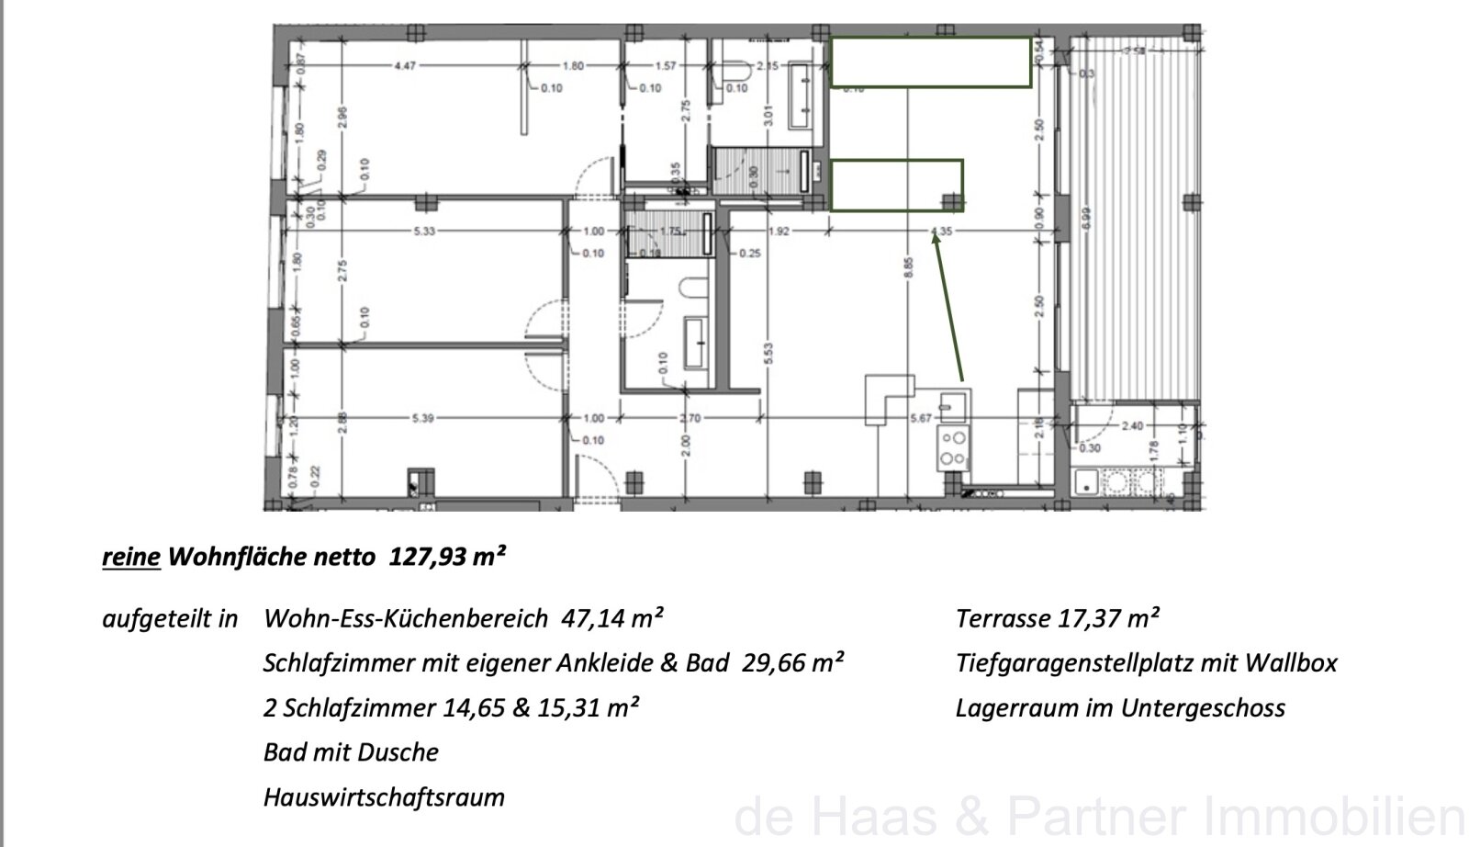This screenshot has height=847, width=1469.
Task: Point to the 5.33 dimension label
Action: click(x=423, y=232)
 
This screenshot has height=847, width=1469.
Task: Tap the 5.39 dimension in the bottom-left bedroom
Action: click(x=423, y=419)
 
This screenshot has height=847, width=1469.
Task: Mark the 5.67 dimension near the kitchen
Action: click(x=920, y=419)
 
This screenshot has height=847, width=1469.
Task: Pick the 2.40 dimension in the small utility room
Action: click(x=1134, y=426)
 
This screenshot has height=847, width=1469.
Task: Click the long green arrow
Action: click(x=949, y=306)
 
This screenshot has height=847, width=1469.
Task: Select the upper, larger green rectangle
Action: click(x=931, y=62)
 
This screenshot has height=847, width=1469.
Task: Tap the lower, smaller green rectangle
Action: click(x=896, y=185)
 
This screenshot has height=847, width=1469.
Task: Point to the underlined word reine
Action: click(x=131, y=557)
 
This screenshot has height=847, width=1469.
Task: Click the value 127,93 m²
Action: click(x=448, y=557)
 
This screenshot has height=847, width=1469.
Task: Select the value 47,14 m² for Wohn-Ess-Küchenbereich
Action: click(x=612, y=618)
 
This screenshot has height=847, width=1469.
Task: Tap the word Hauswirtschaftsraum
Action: click(x=384, y=796)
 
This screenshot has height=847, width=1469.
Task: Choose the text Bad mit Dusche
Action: click(x=351, y=752)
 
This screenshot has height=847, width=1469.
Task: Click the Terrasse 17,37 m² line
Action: click(x=1057, y=618)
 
